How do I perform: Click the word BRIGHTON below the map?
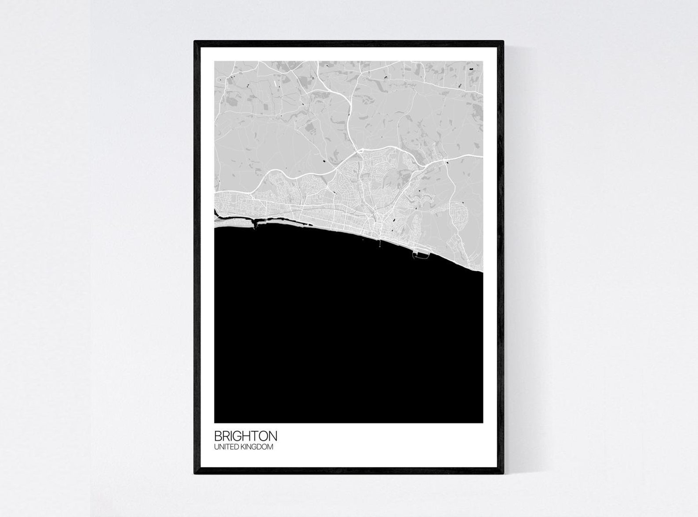click(246, 436)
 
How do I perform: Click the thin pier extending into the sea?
click(379, 243)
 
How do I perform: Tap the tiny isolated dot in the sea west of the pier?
click(363, 240)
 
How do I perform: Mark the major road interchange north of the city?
click(360, 151)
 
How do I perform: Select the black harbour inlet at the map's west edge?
click(217, 214)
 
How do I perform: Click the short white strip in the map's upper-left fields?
click(275, 82)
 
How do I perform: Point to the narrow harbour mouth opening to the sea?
click(254, 226)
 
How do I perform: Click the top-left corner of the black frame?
click(195, 42)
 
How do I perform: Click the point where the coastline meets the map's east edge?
click(483, 273)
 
